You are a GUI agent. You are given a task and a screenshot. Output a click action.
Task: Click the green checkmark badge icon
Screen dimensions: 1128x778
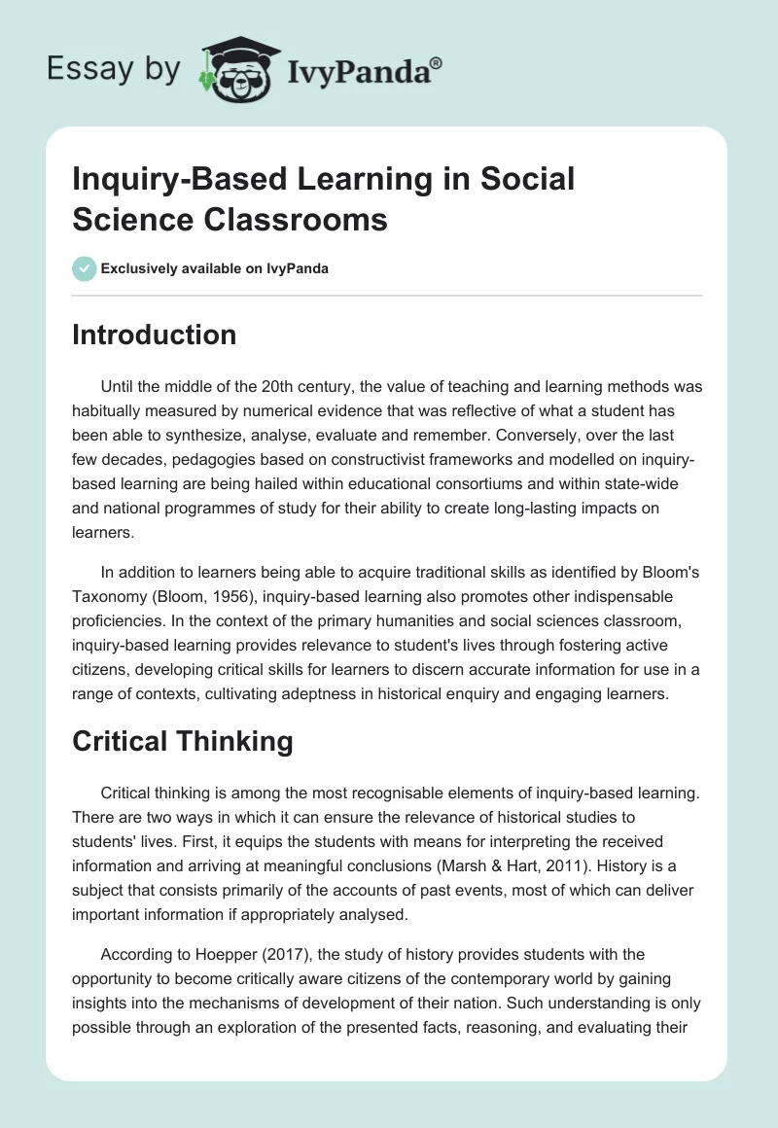point(84,268)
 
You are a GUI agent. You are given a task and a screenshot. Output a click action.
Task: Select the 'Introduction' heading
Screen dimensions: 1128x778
point(155,335)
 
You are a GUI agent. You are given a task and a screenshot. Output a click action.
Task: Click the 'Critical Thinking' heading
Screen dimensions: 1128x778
point(183,741)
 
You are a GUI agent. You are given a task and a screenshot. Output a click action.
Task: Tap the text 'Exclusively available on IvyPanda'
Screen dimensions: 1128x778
point(214,268)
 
